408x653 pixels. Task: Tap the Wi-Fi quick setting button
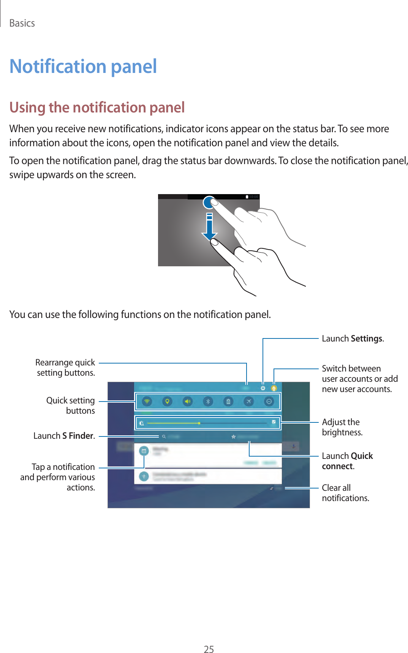(x=147, y=402)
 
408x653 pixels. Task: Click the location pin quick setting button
(x=167, y=402)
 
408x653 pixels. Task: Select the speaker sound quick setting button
(x=188, y=402)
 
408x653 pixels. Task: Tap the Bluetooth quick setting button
(x=208, y=402)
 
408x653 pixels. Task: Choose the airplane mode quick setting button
(x=248, y=402)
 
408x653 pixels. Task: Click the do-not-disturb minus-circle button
(x=269, y=402)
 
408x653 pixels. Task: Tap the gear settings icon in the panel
(x=263, y=388)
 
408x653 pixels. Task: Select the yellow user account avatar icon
(x=274, y=388)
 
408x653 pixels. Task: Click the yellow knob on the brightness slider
(x=199, y=423)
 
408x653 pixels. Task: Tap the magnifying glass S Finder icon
(x=164, y=437)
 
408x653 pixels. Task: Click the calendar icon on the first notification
(x=144, y=451)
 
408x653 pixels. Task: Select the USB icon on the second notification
(x=144, y=476)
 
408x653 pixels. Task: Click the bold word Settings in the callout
(x=366, y=338)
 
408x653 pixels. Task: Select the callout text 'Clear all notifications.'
(x=345, y=493)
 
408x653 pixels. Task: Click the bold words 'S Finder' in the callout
(x=78, y=436)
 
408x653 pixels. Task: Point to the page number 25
(x=209, y=649)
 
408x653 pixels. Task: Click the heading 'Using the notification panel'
(x=97, y=108)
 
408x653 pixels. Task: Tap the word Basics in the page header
(x=22, y=23)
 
